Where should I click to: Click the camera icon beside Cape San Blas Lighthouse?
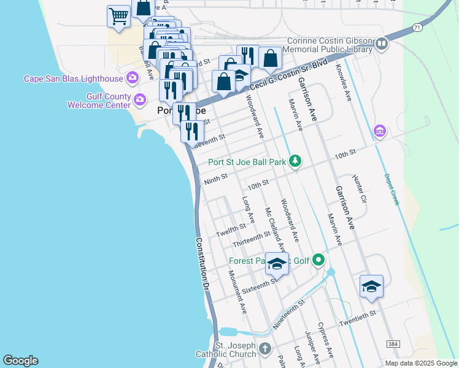132,78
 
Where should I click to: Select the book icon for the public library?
381,44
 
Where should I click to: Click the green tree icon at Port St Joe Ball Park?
296,161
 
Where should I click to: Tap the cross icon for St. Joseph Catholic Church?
265,348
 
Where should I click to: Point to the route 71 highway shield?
417,28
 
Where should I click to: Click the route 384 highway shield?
391,345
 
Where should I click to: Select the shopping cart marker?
118,17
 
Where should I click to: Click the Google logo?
20,361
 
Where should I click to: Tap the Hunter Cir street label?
360,188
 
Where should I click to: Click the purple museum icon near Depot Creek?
379,131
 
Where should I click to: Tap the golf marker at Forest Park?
318,261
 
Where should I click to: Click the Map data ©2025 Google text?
420,363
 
